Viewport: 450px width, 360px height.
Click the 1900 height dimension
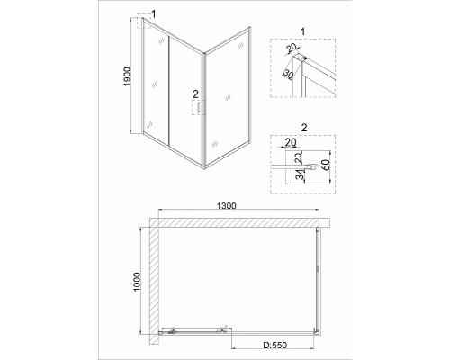click(x=128, y=76)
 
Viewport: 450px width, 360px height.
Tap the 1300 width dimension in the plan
click(x=227, y=206)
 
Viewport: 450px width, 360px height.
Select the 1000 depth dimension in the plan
click(x=137, y=282)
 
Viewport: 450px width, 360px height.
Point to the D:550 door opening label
click(x=275, y=346)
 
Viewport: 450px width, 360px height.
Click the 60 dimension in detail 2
click(x=326, y=165)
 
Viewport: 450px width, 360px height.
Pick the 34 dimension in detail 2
click(x=300, y=175)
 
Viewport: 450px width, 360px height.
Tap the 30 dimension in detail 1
click(x=288, y=75)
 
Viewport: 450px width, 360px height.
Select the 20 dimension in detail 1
click(x=291, y=48)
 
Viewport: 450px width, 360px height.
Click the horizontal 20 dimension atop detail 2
click(x=291, y=142)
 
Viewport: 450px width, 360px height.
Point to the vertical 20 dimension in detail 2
click(x=299, y=157)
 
